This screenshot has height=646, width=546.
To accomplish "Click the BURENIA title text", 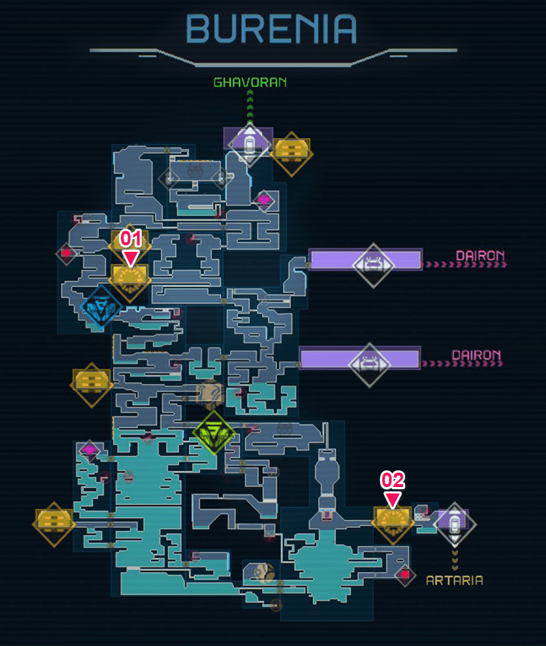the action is pos(271,29).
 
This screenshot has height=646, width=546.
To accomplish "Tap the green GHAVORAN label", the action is pos(250,83).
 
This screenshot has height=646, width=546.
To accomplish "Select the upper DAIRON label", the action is pos(480,255).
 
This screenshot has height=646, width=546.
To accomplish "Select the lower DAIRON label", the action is pos(476,355).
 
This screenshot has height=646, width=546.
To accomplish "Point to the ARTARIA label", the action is pos(455,581).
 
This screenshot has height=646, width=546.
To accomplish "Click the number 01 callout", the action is pos(131,239).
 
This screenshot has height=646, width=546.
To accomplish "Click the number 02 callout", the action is pos(392,480).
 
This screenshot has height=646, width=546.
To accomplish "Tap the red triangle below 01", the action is pos(131,259).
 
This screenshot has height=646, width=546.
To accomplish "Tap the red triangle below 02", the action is pos(392,499).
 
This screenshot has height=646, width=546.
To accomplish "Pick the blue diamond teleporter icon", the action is pos(101,306).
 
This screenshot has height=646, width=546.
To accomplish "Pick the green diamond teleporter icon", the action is pos(214,432).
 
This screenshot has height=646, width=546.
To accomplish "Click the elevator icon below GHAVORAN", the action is pos(250,145).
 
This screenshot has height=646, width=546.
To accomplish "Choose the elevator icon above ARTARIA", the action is pos(455,524).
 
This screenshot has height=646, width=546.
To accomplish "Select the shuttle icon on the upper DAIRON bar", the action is pos(373,265).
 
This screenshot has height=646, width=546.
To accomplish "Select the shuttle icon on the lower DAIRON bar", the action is pos(369,365).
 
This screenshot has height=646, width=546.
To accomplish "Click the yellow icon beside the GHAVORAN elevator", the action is pos(292,154).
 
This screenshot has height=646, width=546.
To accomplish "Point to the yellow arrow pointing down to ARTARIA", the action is pos(455,559).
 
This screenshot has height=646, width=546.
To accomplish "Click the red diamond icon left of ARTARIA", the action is pos(405,575).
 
